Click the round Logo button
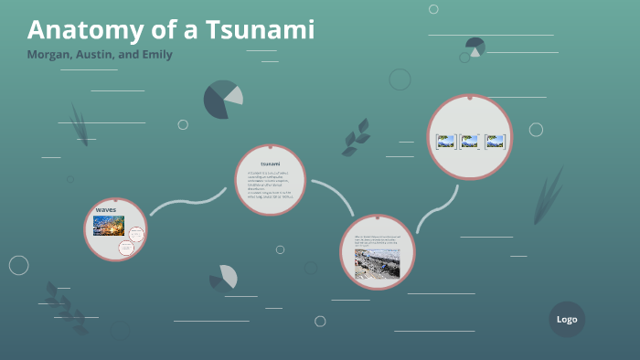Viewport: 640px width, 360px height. click(567, 319)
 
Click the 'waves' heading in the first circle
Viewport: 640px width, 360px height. click(106, 210)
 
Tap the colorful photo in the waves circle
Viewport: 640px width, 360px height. click(108, 226)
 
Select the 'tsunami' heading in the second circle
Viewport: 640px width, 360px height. click(269, 164)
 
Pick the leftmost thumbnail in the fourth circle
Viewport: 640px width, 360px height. click(446, 142)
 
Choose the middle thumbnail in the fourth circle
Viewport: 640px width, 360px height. click(470, 142)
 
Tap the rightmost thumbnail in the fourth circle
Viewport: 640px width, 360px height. click(495, 142)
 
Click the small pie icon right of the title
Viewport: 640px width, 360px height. click(475, 46)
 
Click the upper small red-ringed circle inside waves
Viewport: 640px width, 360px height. click(136, 234)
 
